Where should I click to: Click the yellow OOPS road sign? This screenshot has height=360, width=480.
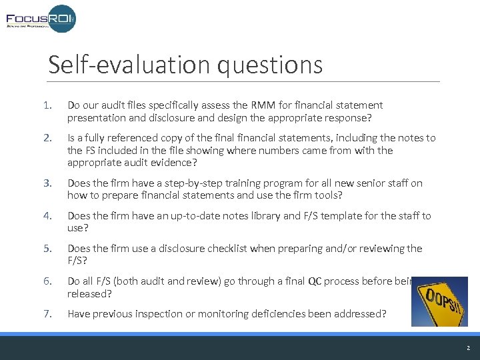[439, 301]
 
